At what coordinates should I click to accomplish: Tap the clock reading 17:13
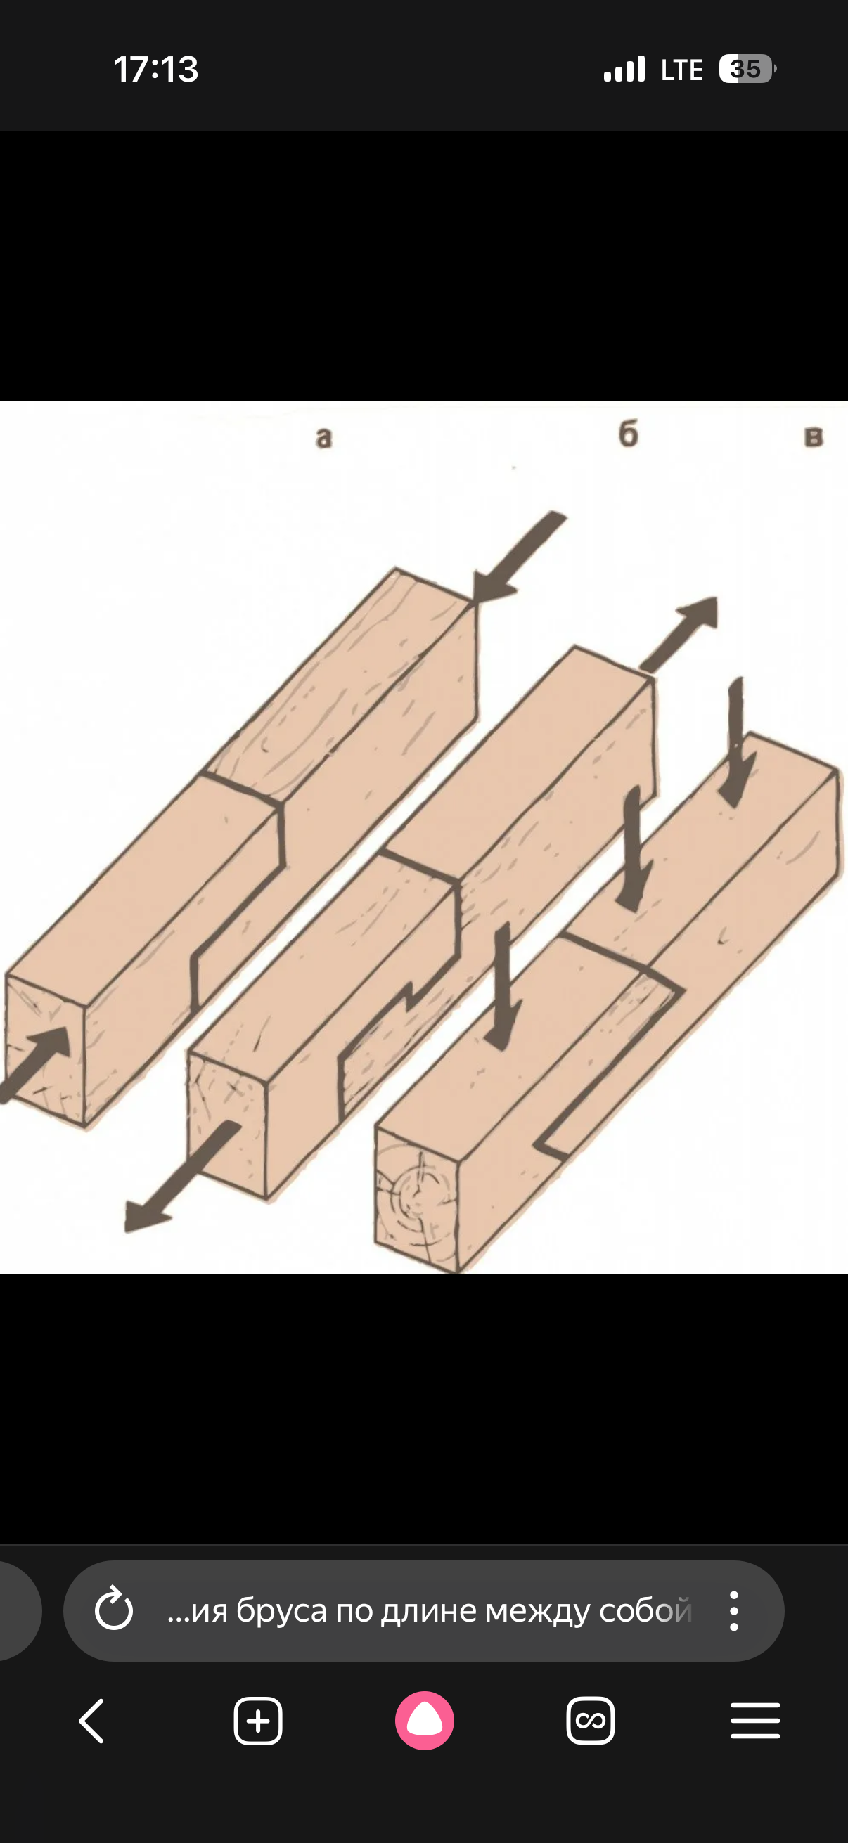click(x=156, y=70)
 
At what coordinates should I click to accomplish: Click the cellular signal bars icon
click(x=624, y=70)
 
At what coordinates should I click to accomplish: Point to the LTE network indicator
click(x=682, y=70)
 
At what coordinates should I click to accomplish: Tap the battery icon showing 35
click(x=748, y=70)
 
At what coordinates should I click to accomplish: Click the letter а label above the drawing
click(x=324, y=437)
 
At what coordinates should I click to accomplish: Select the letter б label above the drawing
click(x=628, y=434)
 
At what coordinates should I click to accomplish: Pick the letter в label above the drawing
click(x=814, y=436)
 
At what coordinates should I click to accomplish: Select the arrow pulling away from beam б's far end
click(x=679, y=634)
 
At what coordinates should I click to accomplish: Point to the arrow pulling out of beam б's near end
click(x=181, y=1177)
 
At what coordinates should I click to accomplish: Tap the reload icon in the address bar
click(x=114, y=1610)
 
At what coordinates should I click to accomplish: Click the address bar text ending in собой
click(x=430, y=1610)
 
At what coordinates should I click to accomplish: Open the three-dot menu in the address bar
click(x=733, y=1610)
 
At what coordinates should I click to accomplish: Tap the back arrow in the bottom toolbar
click(x=91, y=1720)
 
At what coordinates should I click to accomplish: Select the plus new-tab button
click(x=258, y=1720)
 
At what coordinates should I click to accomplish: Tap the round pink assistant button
click(x=425, y=1720)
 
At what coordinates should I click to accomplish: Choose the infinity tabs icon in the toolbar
click(x=591, y=1720)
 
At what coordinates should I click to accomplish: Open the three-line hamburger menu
click(x=755, y=1720)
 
